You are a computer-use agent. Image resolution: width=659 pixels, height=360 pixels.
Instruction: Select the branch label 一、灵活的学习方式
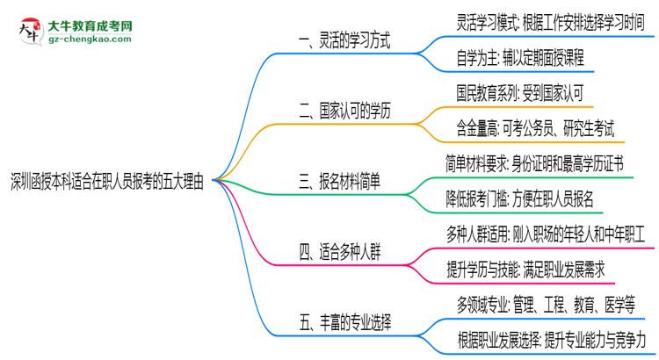(x=344, y=40)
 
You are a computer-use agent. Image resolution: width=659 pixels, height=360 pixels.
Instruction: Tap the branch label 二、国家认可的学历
(x=344, y=112)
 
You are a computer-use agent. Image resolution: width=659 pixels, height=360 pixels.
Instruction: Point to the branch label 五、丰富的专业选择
(x=344, y=323)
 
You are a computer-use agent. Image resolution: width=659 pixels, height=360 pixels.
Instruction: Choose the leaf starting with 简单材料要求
(x=536, y=164)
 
